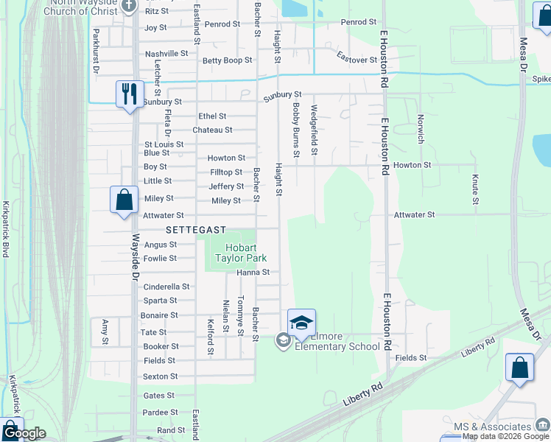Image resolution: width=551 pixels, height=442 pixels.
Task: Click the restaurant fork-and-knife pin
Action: pyautogui.click(x=130, y=94)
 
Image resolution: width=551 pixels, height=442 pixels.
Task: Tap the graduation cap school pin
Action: pyautogui.click(x=301, y=323)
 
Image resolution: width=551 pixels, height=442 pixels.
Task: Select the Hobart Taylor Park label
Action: pyautogui.click(x=240, y=253)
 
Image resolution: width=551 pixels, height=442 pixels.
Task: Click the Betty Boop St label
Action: pyautogui.click(x=227, y=60)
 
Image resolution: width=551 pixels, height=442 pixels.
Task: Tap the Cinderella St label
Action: pyautogui.click(x=166, y=287)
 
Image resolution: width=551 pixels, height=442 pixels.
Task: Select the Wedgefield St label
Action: pyautogui.click(x=315, y=130)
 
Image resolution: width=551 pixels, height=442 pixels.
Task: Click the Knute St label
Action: pyautogui.click(x=475, y=189)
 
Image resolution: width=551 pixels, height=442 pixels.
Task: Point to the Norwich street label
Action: pyautogui.click(x=421, y=129)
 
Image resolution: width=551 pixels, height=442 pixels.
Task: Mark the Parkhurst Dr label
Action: pyautogui.click(x=96, y=51)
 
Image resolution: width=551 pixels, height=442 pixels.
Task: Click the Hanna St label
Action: pyautogui.click(x=253, y=273)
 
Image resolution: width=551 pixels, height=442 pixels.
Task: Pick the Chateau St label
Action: pyautogui.click(x=212, y=130)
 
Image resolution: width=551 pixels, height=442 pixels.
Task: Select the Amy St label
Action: pyautogui.click(x=105, y=331)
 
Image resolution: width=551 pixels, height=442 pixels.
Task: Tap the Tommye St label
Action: pyautogui.click(x=241, y=320)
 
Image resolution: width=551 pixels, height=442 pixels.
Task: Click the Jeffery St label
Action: pyautogui.click(x=226, y=187)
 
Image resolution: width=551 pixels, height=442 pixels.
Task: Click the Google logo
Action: pyautogui.click(x=24, y=433)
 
